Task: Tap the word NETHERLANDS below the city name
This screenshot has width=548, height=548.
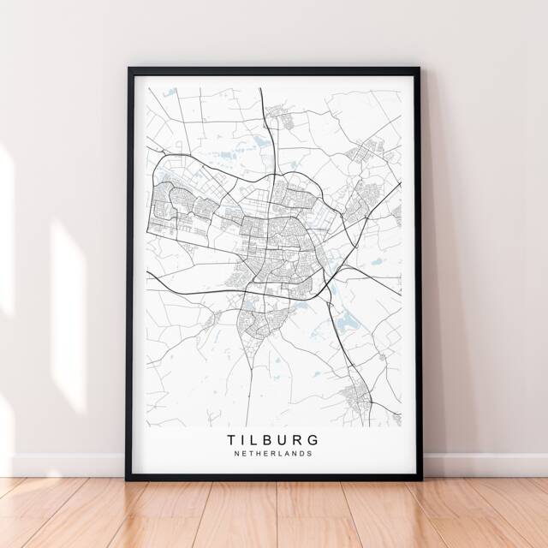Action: coord(274,455)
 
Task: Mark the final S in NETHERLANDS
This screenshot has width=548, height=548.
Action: coord(310,455)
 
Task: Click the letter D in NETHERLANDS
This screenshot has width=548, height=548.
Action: coord(303,455)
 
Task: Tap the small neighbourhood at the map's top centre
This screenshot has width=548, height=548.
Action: coord(279,115)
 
